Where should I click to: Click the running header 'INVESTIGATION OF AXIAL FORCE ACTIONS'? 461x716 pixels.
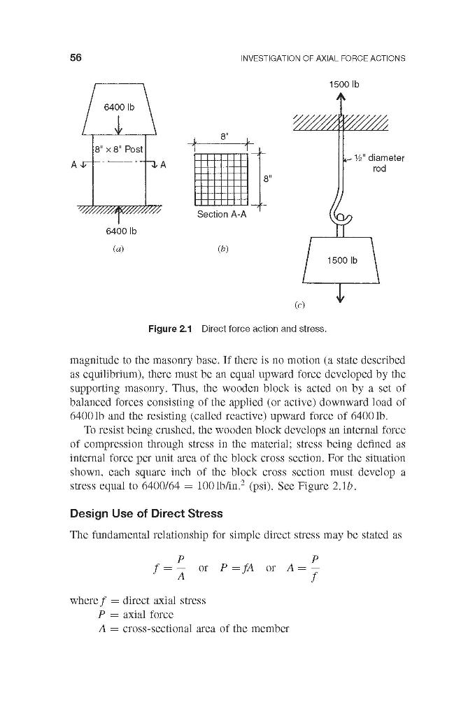323,58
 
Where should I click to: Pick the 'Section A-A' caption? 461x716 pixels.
222,215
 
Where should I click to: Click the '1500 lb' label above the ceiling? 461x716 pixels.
343,85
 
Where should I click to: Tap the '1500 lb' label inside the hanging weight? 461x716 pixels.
343,260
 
